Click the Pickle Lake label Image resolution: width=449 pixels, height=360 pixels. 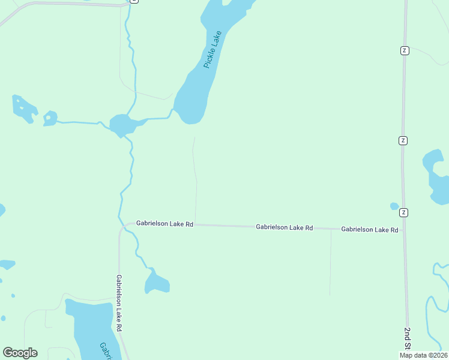[x=212, y=50]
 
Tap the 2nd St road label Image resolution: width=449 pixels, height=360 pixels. [x=408, y=339]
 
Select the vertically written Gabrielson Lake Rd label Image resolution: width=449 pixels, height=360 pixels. [x=119, y=304]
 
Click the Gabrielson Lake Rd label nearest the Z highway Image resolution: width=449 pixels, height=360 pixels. [x=369, y=229]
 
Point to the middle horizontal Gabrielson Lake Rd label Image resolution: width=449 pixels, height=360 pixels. [x=284, y=227]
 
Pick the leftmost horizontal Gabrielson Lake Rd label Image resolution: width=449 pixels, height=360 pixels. [x=164, y=223]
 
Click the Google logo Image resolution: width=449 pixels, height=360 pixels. [x=20, y=353]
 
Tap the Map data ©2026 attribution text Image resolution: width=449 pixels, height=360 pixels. [x=423, y=355]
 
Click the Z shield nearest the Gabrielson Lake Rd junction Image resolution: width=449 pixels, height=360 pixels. [x=404, y=212]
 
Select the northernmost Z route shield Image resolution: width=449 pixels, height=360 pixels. [x=405, y=50]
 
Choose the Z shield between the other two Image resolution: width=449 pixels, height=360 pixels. [x=403, y=140]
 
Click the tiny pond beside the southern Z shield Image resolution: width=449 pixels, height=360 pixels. [x=394, y=206]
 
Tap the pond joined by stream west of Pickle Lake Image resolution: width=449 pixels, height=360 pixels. [x=122, y=125]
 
